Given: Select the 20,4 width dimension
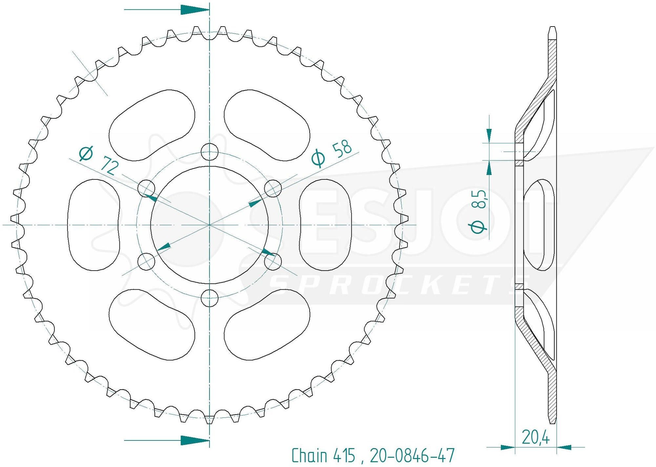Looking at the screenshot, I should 535,437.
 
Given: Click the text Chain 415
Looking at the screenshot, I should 323,456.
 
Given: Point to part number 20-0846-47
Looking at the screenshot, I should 412,456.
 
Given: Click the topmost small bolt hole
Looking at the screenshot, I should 210,152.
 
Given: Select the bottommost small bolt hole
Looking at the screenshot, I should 210,298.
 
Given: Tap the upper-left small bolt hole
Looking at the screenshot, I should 146,188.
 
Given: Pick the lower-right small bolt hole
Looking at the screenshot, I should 273,261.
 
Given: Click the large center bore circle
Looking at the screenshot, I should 210,225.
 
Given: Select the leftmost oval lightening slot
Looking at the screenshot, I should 94,225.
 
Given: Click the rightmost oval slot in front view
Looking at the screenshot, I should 325,225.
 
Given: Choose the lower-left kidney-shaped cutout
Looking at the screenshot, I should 152,325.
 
